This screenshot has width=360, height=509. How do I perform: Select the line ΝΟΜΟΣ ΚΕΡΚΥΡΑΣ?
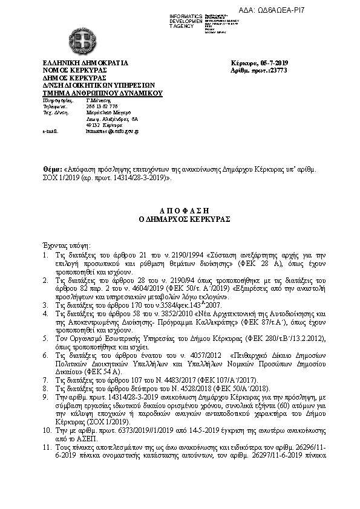point(74,70)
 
